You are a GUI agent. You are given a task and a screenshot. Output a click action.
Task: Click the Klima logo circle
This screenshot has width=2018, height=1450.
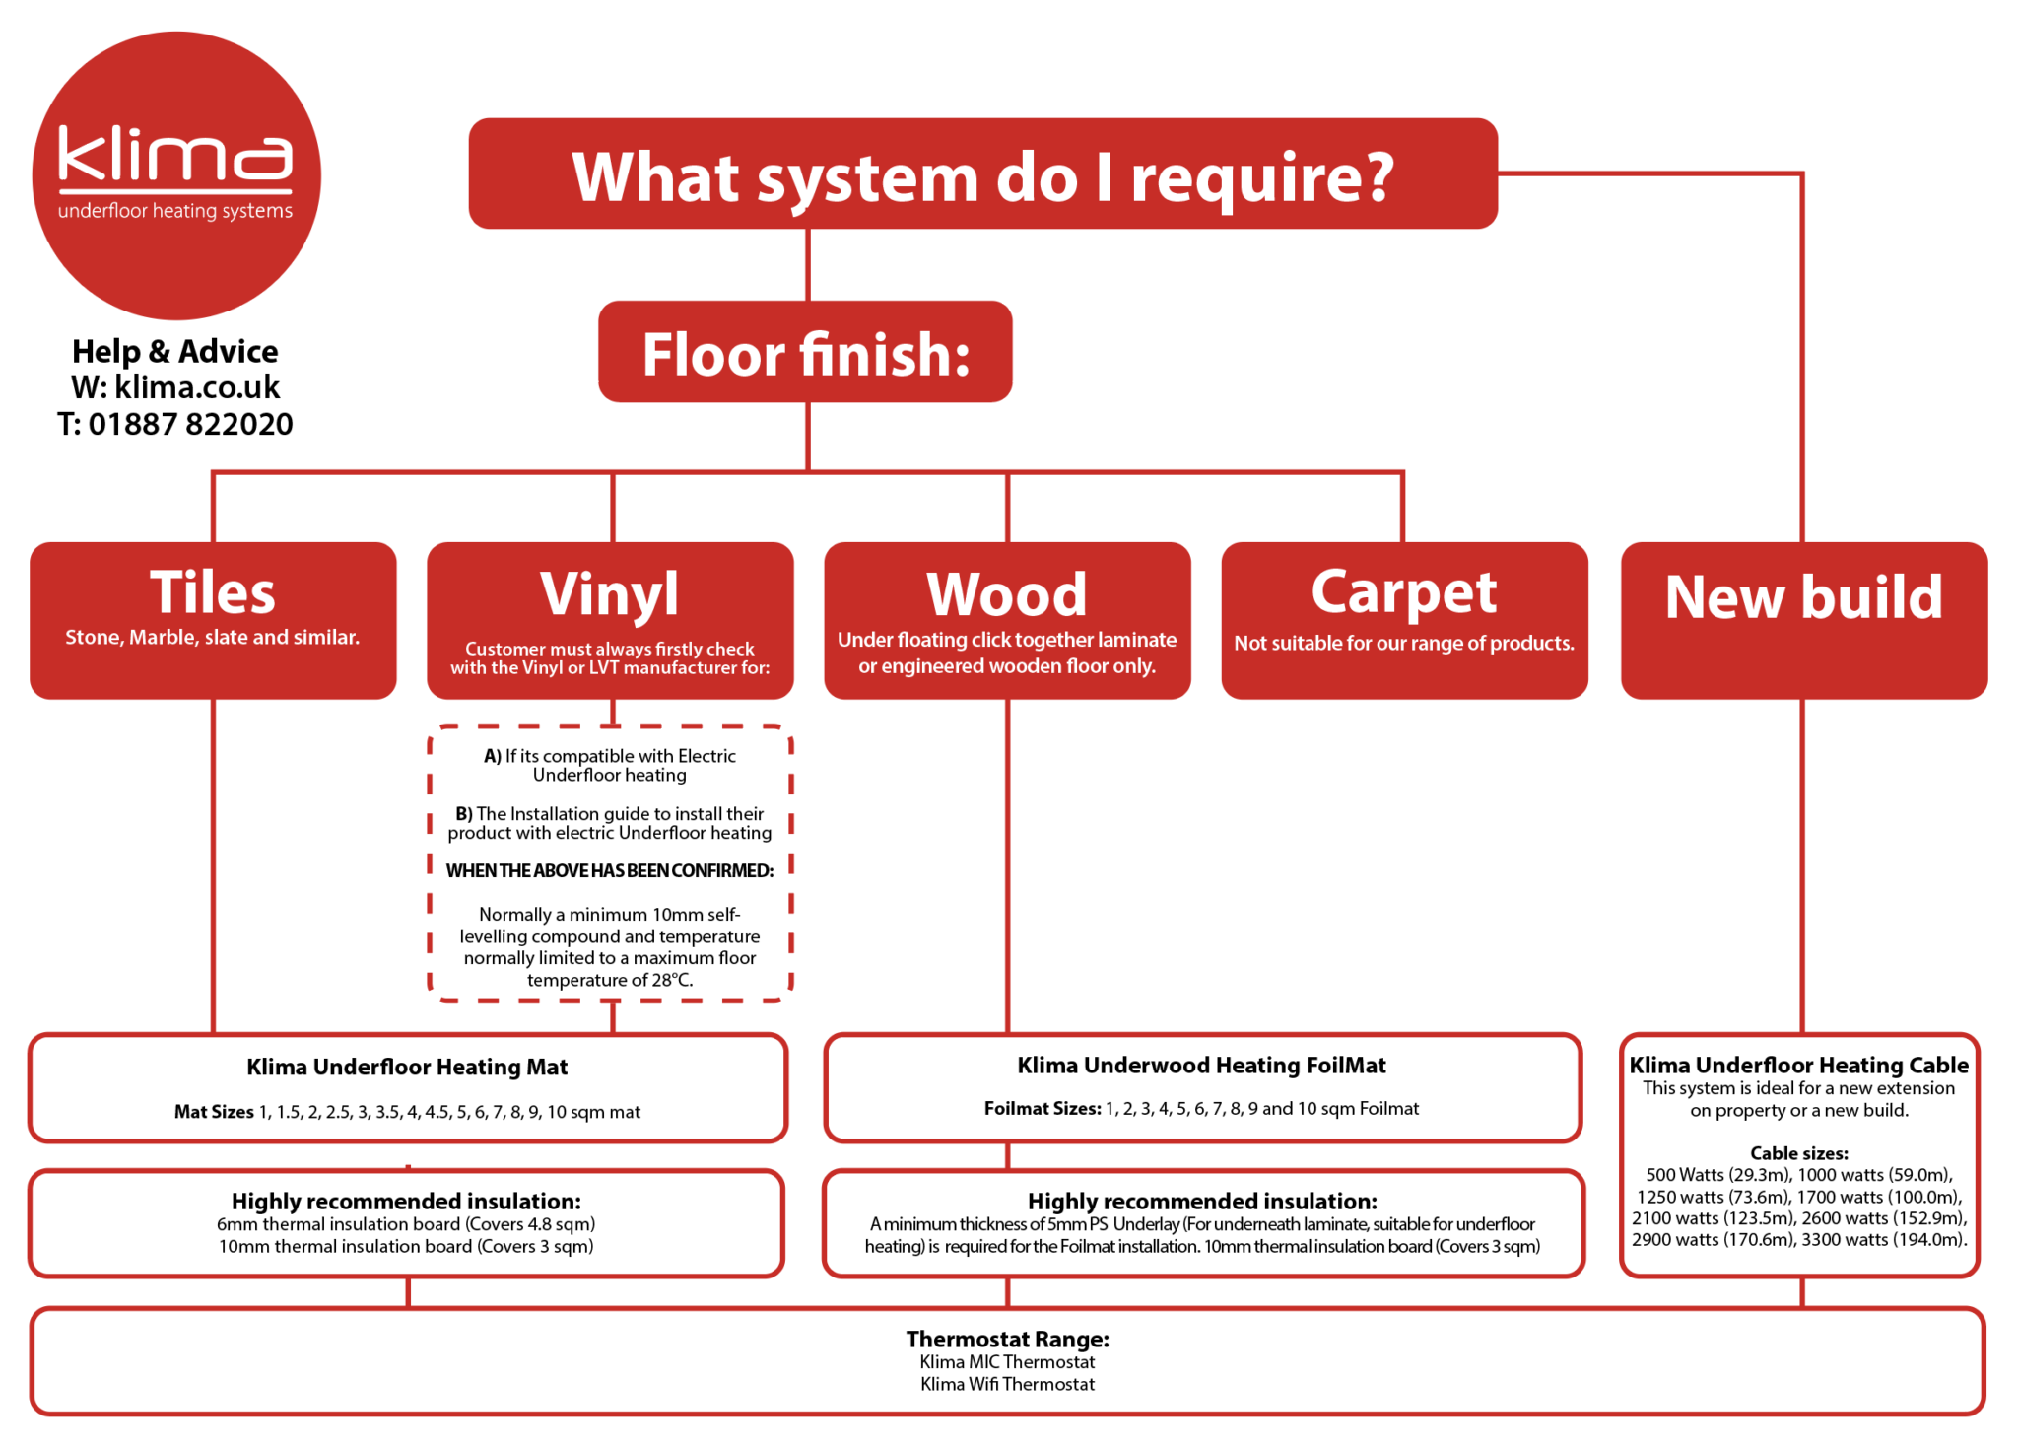pyautogui.click(x=176, y=175)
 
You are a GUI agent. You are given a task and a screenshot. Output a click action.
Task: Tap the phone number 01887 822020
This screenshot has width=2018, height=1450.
pyautogui.click(x=191, y=424)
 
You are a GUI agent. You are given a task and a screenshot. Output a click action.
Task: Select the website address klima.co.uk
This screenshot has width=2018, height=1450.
pyautogui.click(x=197, y=386)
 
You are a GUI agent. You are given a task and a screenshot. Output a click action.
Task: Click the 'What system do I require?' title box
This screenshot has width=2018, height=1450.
pyautogui.click(x=983, y=174)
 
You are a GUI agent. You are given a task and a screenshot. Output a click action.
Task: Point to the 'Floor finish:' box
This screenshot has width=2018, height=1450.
pyautogui.click(x=805, y=352)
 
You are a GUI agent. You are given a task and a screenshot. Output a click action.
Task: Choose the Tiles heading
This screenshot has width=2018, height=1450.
pyautogui.click(x=213, y=592)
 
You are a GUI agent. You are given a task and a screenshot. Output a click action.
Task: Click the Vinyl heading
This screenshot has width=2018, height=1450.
pyautogui.click(x=610, y=593)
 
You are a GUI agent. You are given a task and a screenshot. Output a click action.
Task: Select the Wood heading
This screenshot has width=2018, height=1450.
pyautogui.click(x=1007, y=594)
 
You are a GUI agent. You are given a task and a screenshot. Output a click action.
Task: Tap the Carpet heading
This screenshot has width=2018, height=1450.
pyautogui.click(x=1404, y=592)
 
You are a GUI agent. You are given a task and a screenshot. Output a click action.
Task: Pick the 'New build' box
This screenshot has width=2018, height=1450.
pyautogui.click(x=1804, y=621)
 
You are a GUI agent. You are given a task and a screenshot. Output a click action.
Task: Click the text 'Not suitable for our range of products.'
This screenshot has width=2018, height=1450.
pyautogui.click(x=1404, y=643)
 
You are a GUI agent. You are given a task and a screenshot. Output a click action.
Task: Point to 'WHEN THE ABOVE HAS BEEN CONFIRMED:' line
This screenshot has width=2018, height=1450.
pyautogui.click(x=610, y=870)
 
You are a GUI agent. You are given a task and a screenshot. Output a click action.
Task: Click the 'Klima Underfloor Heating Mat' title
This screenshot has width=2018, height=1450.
pyautogui.click(x=407, y=1067)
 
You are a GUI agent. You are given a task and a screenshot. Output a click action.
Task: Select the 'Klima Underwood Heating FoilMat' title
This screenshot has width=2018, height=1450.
pyautogui.click(x=1201, y=1065)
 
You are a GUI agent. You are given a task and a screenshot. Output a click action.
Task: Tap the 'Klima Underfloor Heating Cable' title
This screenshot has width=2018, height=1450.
pyautogui.click(x=1799, y=1065)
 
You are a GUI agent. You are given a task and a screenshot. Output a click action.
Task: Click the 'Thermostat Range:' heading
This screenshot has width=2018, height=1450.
pyautogui.click(x=1008, y=1339)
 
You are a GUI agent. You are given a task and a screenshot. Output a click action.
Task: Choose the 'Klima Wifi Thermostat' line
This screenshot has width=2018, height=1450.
pyautogui.click(x=1008, y=1384)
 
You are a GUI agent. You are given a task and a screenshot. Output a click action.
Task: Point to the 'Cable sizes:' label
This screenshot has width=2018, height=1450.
pyautogui.click(x=1799, y=1153)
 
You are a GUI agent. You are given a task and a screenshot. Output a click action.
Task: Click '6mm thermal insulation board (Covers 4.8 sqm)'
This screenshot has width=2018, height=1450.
pyautogui.click(x=406, y=1224)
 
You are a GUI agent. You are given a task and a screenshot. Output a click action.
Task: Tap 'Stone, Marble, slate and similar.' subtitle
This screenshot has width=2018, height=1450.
pyautogui.click(x=213, y=638)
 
